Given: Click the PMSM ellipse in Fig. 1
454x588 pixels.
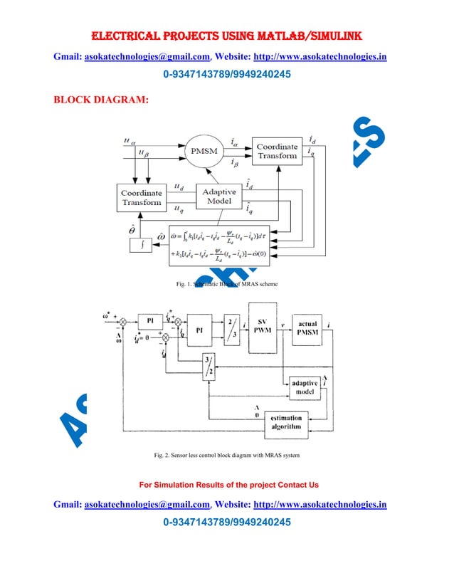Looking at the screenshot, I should (204, 152).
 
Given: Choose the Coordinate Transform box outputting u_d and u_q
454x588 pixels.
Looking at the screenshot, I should (142, 197).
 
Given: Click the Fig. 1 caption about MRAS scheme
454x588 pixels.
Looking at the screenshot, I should (226, 285).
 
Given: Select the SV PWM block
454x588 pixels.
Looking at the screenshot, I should (262, 330).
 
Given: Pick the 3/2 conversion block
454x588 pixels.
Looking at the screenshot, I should (208, 368).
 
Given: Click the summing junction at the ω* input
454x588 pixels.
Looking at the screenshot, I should (122, 321).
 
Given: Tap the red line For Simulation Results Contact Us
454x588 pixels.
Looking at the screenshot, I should (228, 485).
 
